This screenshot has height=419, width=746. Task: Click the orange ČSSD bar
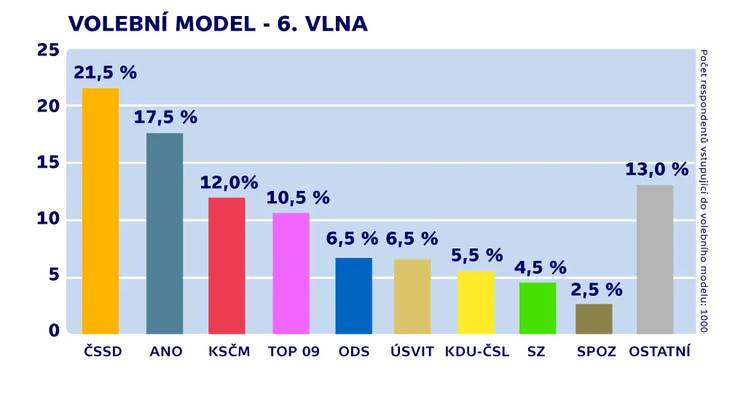[100, 211]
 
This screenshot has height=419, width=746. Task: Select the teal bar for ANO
[165, 233]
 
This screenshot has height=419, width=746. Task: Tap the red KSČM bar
[227, 265]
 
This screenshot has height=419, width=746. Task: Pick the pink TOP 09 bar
[291, 273]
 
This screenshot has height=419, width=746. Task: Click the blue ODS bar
[353, 296]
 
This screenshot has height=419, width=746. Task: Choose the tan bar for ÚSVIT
[412, 297]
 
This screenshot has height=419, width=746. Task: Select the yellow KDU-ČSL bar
[476, 302]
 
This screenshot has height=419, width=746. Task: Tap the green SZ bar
[538, 308]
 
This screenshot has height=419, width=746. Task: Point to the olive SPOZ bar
[594, 319]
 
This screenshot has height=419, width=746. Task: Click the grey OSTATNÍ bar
[655, 259]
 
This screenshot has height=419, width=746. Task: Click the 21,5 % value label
[105, 73]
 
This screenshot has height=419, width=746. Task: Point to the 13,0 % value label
[656, 170]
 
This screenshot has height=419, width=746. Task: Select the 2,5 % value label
[596, 290]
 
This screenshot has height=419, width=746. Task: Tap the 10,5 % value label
[298, 197]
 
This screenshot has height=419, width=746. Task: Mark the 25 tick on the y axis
[48, 50]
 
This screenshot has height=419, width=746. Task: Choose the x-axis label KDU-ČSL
[477, 352]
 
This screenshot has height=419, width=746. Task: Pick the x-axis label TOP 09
[294, 352]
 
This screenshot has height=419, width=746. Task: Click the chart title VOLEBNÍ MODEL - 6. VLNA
[218, 24]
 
